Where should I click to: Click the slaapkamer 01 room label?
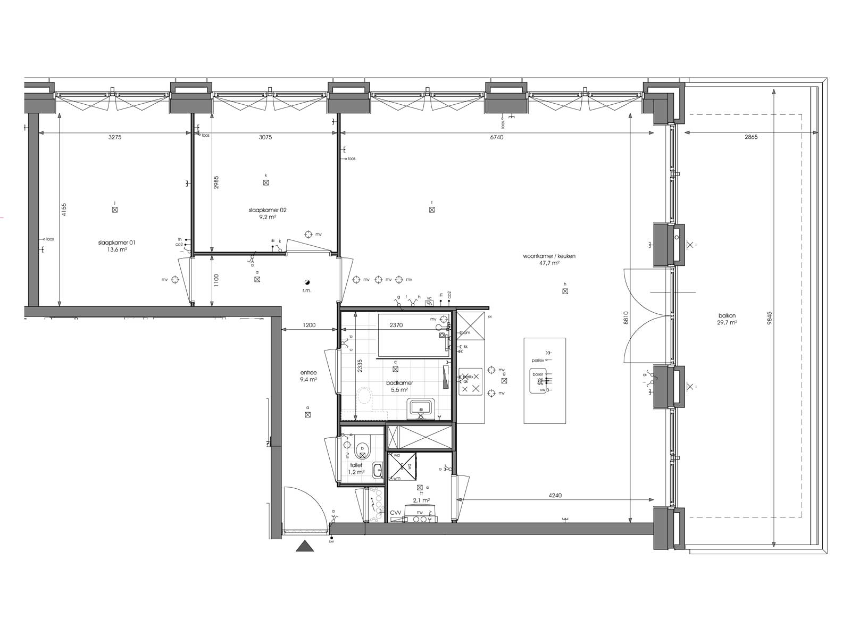pyautogui.click(x=117, y=243)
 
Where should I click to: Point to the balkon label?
pyautogui.click(x=726, y=315)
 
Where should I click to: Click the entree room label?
pyautogui.click(x=308, y=373)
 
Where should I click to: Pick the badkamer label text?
pyautogui.click(x=399, y=382)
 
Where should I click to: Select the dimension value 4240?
pyautogui.click(x=554, y=495)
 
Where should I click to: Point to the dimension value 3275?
pyautogui.click(x=115, y=137)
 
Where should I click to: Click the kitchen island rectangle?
pyautogui.click(x=545, y=380)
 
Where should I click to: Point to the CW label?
pyautogui.click(x=395, y=513)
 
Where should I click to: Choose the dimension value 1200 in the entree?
pyautogui.click(x=309, y=325)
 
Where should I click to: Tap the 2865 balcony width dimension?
pyautogui.click(x=751, y=137)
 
